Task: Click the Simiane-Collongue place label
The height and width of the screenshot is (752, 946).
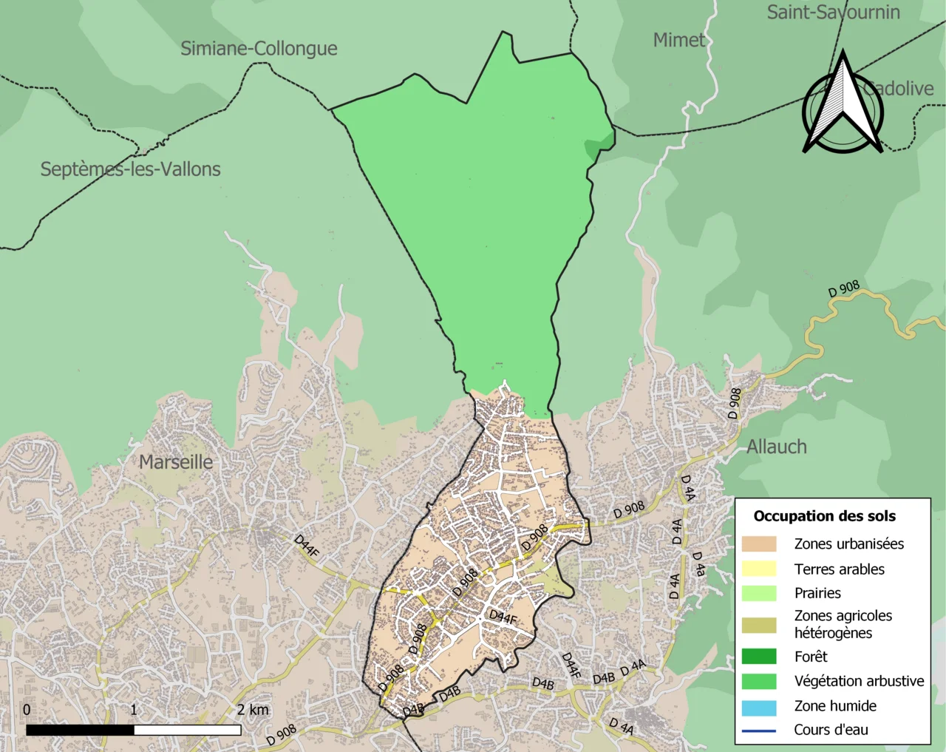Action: [259, 49]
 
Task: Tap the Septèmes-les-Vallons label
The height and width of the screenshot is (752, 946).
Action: [130, 169]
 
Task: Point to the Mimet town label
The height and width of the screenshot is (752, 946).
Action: [679, 40]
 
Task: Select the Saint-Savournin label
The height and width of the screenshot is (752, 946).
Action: [833, 12]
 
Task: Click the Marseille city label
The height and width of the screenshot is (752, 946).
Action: [176, 462]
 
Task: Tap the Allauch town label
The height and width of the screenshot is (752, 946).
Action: [776, 447]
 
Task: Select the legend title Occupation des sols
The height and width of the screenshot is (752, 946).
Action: [824, 516]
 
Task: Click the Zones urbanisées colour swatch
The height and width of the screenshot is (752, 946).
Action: [759, 544]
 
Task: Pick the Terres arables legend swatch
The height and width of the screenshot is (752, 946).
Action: [759, 569]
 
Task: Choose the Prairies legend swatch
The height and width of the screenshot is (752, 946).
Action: [759, 593]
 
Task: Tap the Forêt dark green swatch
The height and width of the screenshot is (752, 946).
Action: [759, 657]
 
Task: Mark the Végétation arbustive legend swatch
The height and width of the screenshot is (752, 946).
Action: [759, 681]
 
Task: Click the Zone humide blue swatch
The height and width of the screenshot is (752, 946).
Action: [759, 706]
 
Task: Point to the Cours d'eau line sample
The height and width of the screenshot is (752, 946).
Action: [759, 731]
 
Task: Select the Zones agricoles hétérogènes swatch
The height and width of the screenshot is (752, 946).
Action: [759, 625]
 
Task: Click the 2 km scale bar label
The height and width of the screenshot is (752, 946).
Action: [253, 710]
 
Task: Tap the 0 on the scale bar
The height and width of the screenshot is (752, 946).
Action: [27, 710]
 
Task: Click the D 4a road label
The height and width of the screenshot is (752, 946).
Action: [698, 564]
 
